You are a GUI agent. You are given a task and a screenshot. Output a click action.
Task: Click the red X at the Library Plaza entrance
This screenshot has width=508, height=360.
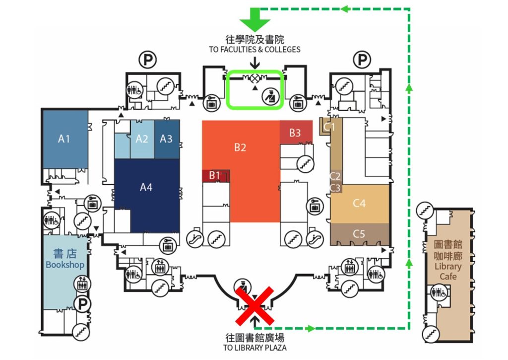click(x=254, y=305)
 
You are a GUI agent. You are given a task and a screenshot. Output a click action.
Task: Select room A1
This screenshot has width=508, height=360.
click(x=64, y=139)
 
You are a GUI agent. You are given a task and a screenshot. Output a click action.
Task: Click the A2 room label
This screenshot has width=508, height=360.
click(x=142, y=139)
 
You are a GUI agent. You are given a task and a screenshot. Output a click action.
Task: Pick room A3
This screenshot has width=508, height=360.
click(x=166, y=139)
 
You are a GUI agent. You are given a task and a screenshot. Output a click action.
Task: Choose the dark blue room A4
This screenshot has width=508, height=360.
click(x=146, y=187)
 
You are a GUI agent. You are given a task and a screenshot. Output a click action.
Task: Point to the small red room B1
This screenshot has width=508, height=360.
click(x=214, y=175)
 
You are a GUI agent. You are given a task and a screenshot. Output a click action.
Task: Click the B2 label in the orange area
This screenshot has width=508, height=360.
click(x=240, y=147)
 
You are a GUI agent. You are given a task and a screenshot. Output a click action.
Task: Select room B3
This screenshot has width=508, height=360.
click(x=295, y=133)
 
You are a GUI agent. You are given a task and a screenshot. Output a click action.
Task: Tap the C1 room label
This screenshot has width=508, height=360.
click(x=329, y=127)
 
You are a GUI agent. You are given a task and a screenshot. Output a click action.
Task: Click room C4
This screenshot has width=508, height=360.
click(x=359, y=203)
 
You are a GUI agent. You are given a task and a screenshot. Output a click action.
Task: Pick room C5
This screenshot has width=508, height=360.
click(x=359, y=233)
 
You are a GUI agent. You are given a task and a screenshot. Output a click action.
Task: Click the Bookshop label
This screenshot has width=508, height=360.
click(x=65, y=260)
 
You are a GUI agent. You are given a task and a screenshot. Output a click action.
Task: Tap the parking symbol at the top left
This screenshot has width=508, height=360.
click(x=147, y=61)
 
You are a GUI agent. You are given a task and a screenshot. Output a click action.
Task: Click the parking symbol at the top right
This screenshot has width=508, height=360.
click(x=361, y=61)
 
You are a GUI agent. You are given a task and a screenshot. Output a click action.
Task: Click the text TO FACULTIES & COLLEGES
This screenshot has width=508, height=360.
click(x=254, y=49)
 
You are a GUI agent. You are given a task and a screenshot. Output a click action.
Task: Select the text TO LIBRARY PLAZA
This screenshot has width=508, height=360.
click(x=254, y=348)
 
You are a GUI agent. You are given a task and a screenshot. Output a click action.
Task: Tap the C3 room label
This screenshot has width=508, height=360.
click(x=335, y=188)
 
